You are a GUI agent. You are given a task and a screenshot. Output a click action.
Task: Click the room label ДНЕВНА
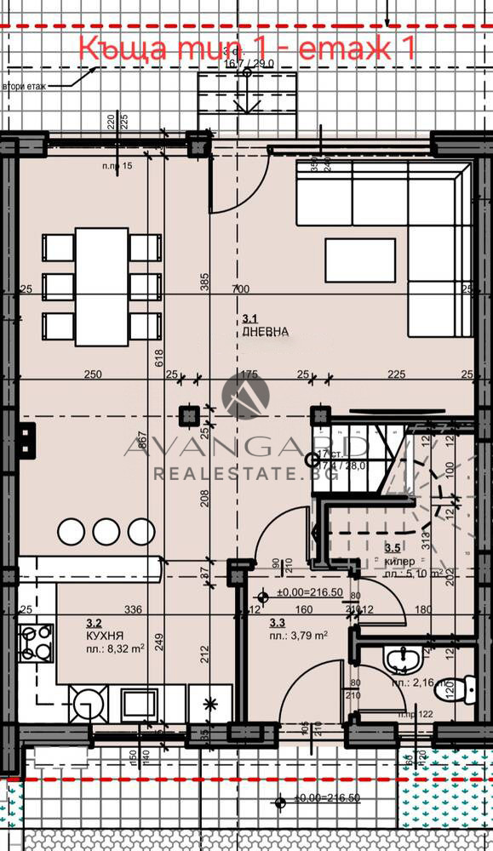[265, 332]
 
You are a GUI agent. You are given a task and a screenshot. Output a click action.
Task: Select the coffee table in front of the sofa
[360, 260]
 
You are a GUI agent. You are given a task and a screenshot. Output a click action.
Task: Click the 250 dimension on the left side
[94, 374]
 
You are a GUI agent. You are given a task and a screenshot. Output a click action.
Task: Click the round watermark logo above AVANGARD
[246, 396]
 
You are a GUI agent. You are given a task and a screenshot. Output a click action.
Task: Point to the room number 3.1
[249, 318]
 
